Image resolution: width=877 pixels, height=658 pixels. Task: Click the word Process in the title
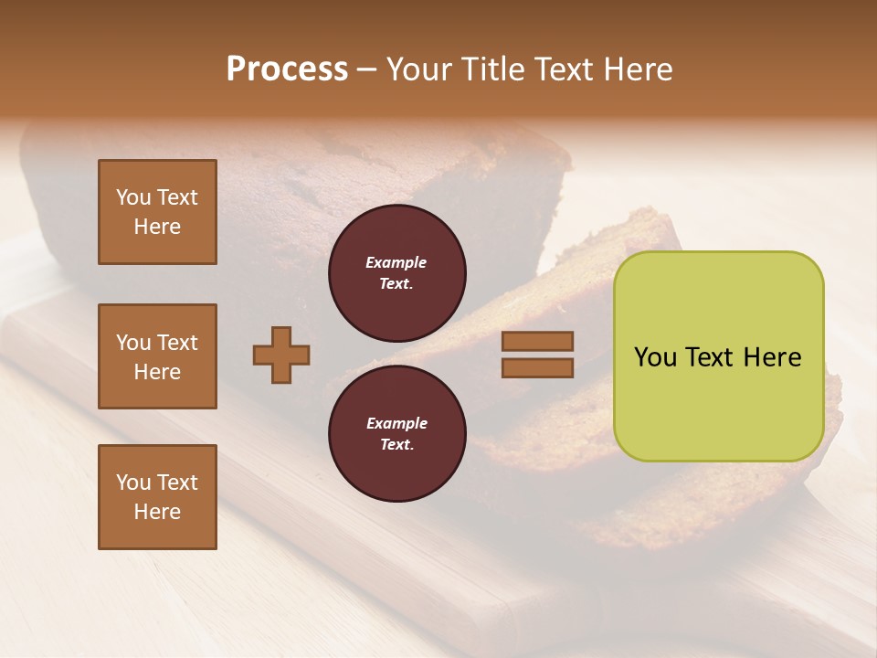(x=287, y=69)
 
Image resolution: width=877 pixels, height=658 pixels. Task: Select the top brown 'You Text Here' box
(x=157, y=212)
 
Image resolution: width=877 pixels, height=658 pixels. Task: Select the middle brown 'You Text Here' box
(x=157, y=356)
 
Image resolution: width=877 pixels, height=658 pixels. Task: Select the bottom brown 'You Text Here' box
(x=157, y=497)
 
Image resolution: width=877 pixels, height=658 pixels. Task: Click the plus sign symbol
(x=281, y=355)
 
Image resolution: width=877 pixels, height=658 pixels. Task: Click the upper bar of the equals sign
(x=537, y=341)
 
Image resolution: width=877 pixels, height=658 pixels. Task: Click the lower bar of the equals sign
(x=537, y=368)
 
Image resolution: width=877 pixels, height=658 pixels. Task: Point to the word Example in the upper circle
(x=396, y=262)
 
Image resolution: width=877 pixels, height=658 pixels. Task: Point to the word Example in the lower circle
(x=396, y=423)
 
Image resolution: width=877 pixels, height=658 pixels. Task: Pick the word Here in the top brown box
(x=157, y=227)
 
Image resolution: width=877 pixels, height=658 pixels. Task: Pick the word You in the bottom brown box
(x=133, y=483)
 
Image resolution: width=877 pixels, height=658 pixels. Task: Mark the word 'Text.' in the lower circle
(x=396, y=444)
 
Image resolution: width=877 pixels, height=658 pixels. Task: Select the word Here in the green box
(x=772, y=357)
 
